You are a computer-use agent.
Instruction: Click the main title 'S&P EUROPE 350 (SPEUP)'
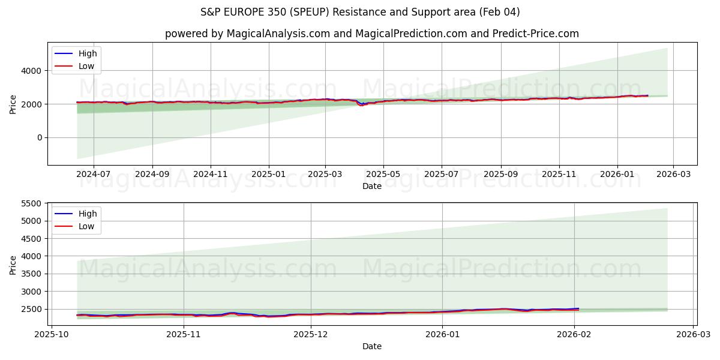[360, 12]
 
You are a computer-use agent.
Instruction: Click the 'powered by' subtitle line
[372, 34]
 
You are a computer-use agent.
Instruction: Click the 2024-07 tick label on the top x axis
[94, 174]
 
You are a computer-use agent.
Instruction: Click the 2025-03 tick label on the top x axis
[325, 174]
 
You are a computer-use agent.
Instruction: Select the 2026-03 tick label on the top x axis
[673, 174]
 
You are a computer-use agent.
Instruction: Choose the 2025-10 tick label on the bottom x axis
[51, 334]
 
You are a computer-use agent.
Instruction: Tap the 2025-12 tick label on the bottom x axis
[311, 334]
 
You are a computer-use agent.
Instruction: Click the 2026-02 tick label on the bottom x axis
[574, 334]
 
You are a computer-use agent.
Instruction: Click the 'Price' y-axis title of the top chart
[13, 104]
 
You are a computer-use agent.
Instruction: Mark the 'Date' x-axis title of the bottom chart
[372, 346]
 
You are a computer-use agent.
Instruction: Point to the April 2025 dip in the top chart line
[361, 105]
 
